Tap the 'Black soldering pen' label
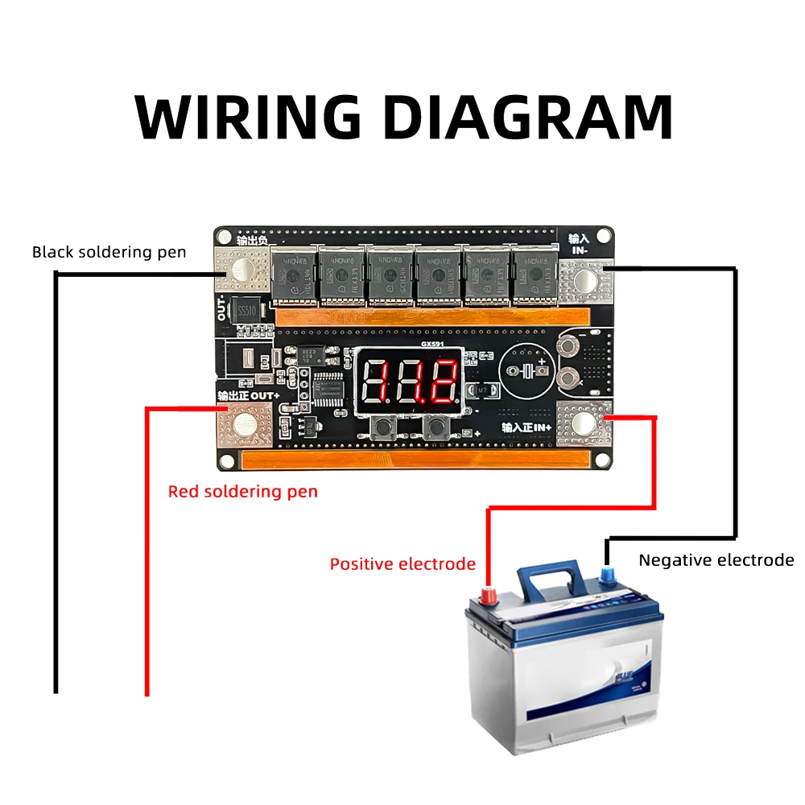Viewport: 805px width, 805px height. coord(109,252)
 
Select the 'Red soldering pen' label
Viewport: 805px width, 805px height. coord(242,491)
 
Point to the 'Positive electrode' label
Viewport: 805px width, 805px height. coord(402,563)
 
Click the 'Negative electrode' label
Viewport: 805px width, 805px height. coord(716,560)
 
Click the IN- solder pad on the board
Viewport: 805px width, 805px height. coord(585,279)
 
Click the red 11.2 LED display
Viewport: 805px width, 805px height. coord(411,380)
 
